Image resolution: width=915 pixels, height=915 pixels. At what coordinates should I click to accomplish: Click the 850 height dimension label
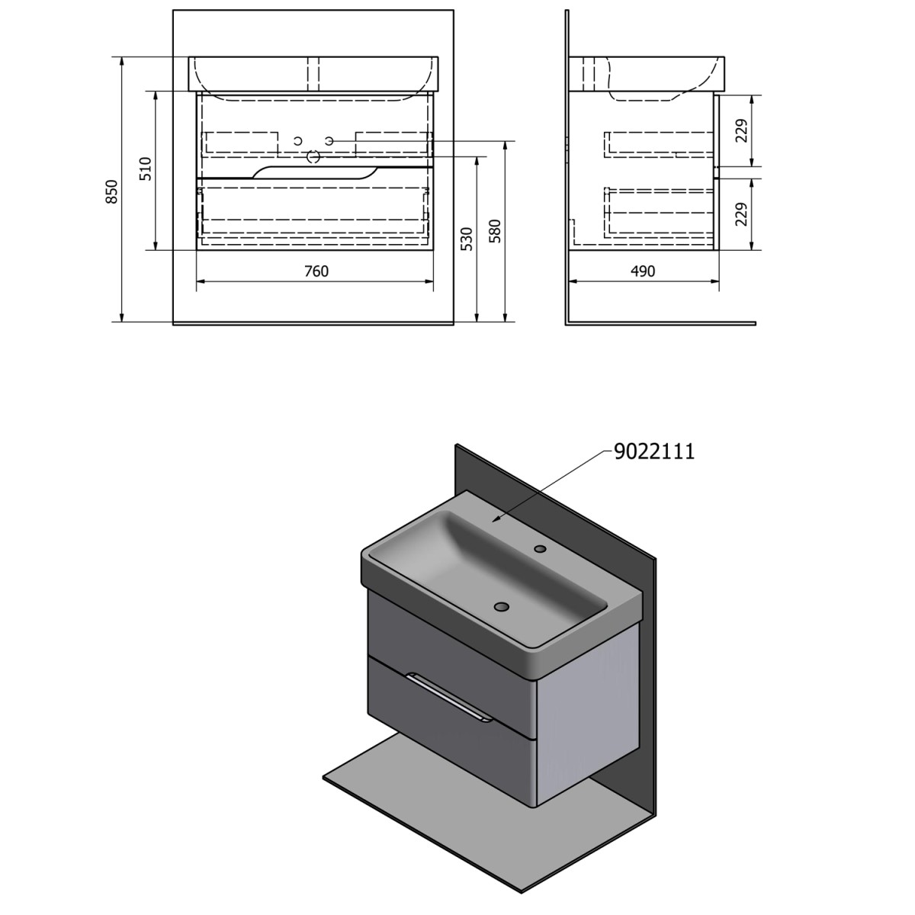111,191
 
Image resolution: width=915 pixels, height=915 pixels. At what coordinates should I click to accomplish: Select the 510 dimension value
146,169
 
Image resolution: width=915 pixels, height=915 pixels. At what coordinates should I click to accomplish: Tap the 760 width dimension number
316,271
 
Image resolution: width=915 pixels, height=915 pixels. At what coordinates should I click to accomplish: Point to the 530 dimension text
467,239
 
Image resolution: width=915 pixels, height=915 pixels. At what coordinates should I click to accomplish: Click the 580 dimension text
496,231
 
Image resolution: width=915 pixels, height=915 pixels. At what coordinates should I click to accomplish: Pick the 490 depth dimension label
643,271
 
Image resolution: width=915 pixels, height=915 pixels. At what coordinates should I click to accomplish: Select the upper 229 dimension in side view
741,130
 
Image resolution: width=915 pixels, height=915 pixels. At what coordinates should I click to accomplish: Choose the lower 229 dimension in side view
741,214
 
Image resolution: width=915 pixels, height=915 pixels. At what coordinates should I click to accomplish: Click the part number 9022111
654,451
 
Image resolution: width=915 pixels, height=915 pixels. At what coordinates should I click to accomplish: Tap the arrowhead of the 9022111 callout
495,521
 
